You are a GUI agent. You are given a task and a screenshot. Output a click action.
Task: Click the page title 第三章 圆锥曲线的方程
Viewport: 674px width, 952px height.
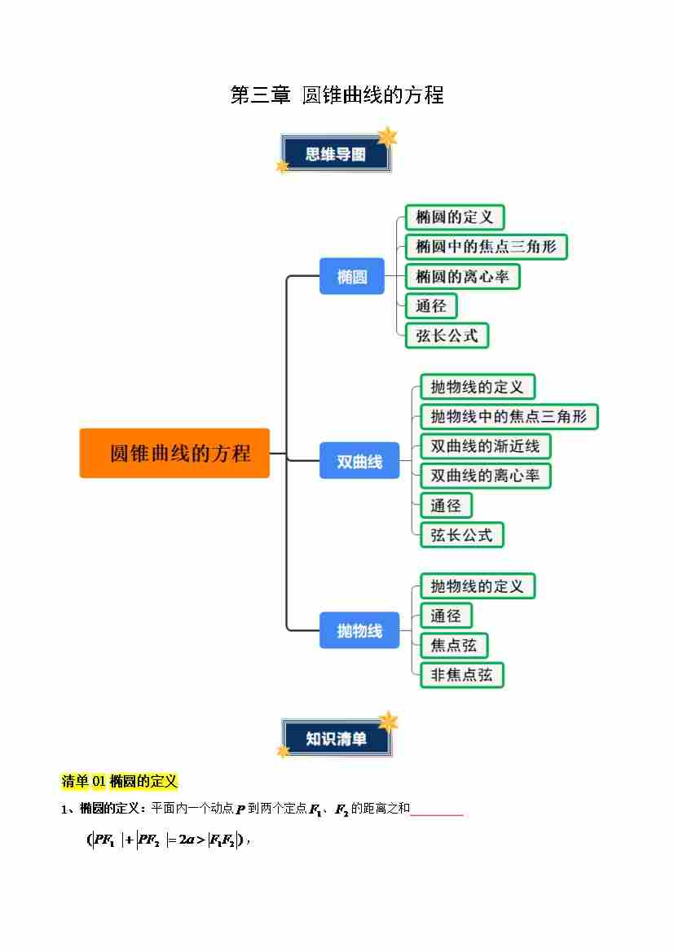click(337, 95)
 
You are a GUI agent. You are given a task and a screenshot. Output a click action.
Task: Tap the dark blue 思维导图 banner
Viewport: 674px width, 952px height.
click(336, 154)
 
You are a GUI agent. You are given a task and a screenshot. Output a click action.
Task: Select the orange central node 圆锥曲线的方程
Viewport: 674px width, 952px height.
click(174, 453)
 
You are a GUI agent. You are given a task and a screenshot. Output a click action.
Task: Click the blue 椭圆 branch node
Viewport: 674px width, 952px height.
click(351, 277)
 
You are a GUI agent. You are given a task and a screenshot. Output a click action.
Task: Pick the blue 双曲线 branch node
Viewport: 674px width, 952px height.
click(359, 462)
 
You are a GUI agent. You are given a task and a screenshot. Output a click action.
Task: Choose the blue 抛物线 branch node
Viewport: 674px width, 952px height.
click(359, 630)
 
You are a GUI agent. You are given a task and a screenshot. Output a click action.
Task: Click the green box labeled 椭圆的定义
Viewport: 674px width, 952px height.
click(455, 217)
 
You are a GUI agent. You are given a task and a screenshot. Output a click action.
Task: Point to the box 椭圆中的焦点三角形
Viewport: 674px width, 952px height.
click(486, 247)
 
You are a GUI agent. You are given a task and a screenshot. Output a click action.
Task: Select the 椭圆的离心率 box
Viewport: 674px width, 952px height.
click(462, 277)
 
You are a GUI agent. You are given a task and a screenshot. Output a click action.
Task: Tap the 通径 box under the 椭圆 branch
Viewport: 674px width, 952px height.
click(431, 306)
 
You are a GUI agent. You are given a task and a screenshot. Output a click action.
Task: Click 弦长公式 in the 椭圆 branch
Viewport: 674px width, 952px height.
click(447, 336)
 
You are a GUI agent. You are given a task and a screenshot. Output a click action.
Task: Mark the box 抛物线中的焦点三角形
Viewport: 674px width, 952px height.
click(509, 417)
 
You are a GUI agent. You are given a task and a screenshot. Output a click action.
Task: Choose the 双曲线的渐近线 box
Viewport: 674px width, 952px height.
click(485, 446)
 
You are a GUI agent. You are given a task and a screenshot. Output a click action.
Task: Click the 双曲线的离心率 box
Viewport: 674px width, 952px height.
click(485, 476)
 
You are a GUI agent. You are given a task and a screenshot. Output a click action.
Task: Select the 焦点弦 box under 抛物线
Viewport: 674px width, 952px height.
click(454, 646)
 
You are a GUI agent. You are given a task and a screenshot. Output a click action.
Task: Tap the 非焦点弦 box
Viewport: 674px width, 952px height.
click(461, 675)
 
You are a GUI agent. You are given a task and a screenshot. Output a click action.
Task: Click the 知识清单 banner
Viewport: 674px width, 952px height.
click(336, 739)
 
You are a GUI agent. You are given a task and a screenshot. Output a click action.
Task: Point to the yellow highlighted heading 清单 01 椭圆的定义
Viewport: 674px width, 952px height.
click(120, 782)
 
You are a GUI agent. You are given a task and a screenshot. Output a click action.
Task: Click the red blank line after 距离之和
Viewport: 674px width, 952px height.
click(437, 812)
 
